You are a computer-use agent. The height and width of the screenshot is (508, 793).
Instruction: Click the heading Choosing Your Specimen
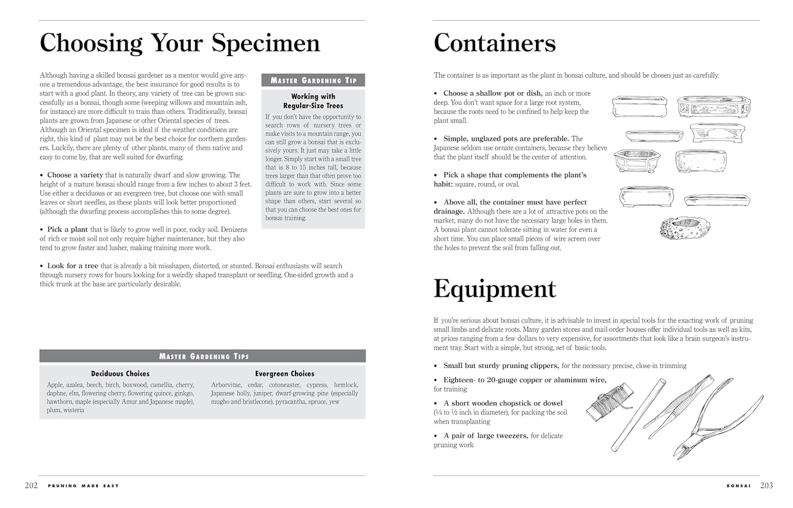[x=180, y=43]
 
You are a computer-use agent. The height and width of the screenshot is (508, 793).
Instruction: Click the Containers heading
[x=494, y=43]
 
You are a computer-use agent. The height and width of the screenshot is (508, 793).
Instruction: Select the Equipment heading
[x=494, y=289]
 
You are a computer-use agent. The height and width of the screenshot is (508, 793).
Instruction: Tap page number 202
[x=31, y=485]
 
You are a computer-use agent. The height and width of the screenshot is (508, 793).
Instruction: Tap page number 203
[x=767, y=485]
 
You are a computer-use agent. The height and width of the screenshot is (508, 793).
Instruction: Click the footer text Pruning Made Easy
[x=84, y=486]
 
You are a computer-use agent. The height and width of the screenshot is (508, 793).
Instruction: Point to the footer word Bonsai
[x=739, y=486]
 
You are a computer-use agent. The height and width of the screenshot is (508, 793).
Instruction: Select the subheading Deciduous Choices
[x=120, y=374]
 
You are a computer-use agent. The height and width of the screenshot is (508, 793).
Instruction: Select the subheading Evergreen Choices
[x=284, y=374]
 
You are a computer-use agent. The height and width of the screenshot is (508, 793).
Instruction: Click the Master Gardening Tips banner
[x=202, y=356]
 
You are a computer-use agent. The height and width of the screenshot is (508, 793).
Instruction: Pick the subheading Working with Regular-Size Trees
[x=313, y=101]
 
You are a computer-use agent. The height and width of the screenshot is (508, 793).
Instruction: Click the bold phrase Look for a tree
[x=72, y=266]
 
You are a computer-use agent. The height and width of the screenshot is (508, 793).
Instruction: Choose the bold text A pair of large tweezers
[x=485, y=436]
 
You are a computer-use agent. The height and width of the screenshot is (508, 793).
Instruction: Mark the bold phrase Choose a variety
[x=75, y=175]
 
